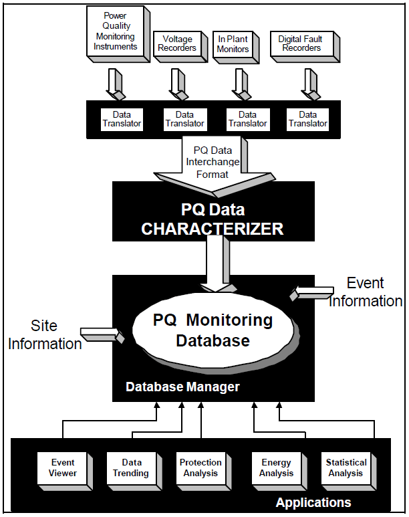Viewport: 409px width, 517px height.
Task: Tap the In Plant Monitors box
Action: [x=233, y=44]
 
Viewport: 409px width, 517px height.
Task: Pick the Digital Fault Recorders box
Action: [x=300, y=44]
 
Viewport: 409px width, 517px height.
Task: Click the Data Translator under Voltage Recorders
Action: [x=184, y=119]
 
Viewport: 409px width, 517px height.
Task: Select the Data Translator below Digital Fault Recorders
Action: [x=307, y=119]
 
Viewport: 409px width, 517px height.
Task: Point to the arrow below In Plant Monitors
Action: [x=239, y=83]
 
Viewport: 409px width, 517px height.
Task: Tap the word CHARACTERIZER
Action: [x=213, y=229]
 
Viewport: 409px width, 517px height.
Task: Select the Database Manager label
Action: [x=182, y=387]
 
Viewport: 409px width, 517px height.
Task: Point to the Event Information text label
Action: [x=366, y=293]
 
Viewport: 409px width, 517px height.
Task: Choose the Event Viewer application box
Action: [x=62, y=468]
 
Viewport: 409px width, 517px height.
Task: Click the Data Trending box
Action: [x=132, y=468]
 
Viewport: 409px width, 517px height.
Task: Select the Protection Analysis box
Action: [x=200, y=468]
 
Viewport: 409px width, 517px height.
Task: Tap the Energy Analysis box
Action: [x=276, y=468]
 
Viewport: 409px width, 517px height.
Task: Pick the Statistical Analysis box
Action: [x=346, y=468]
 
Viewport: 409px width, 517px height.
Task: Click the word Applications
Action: [x=313, y=502]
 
